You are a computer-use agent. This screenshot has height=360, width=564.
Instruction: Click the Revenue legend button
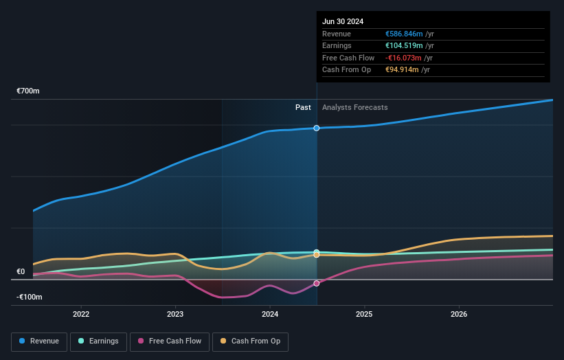pyautogui.click(x=40, y=341)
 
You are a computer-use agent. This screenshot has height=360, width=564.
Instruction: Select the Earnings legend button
pyautogui.click(x=98, y=341)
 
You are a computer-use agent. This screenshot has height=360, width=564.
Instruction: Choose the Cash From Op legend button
pyautogui.click(x=250, y=341)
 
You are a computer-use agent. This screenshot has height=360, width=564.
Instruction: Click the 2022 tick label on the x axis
pyautogui.click(x=81, y=315)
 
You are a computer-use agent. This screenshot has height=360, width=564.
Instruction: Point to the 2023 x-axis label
pyautogui.click(x=175, y=315)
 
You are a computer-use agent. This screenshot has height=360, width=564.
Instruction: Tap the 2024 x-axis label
pyautogui.click(x=270, y=315)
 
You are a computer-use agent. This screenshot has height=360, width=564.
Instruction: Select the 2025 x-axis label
pyautogui.click(x=364, y=315)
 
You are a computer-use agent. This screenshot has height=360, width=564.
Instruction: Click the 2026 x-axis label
pyautogui.click(x=459, y=315)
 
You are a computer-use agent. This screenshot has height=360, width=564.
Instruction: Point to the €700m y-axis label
pyautogui.click(x=29, y=91)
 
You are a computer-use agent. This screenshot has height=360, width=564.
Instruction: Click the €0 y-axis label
pyautogui.click(x=21, y=271)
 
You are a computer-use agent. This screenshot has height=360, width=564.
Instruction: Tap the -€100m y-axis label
pyautogui.click(x=30, y=297)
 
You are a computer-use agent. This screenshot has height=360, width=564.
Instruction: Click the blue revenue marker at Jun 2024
pyautogui.click(x=317, y=128)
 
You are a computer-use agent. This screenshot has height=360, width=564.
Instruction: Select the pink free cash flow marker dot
pyautogui.click(x=317, y=283)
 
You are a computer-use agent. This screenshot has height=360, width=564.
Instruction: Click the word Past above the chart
pyautogui.click(x=303, y=107)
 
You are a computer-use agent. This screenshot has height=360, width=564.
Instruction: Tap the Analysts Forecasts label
pyautogui.click(x=354, y=107)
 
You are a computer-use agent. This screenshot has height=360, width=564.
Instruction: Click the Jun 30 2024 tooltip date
pyautogui.click(x=343, y=21)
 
